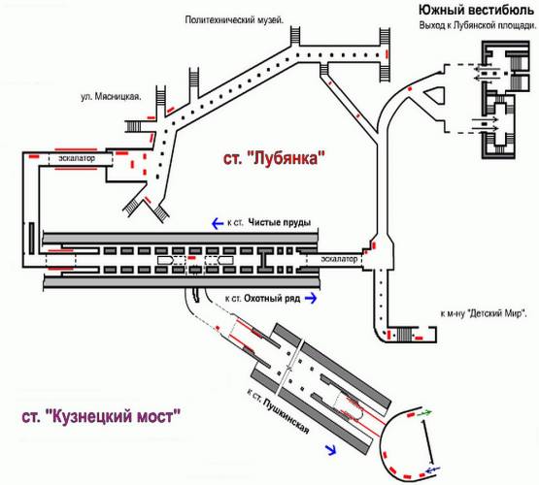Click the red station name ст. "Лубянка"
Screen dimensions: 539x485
(274, 159)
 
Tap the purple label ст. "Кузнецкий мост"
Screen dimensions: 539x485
(101, 417)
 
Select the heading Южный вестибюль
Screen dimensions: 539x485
(476, 11)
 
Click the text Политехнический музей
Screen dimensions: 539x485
(234, 20)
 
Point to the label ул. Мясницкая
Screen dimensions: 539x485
(111, 96)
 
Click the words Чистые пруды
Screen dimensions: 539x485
(280, 222)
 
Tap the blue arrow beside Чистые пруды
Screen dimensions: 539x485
(218, 223)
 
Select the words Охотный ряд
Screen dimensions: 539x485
(272, 299)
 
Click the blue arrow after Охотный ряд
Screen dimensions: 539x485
(311, 298)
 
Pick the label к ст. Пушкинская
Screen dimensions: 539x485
(278, 410)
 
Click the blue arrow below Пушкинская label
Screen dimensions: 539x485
(331, 449)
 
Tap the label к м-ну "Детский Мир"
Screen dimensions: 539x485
(485, 313)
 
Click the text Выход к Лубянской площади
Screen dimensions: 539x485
(478, 25)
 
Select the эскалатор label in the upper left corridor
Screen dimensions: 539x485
(77, 158)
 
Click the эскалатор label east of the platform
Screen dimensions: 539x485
(339, 259)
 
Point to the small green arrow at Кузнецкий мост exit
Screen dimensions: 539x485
(424, 413)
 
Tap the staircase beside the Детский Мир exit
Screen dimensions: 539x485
(404, 334)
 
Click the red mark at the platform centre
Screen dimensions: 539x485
(192, 257)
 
